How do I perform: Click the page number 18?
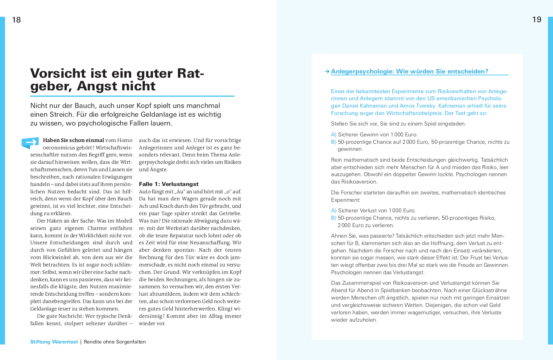point(17,20)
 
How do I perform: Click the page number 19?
point(536,20)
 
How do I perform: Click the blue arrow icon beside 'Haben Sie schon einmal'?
point(31,142)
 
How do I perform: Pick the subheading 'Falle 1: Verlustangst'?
point(169,184)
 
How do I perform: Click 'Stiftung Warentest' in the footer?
point(54,342)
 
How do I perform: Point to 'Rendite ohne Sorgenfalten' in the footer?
point(115,342)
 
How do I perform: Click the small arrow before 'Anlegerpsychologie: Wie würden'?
point(327,72)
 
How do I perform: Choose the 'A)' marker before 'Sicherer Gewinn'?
point(333,135)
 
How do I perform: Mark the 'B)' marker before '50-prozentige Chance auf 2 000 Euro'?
point(333,142)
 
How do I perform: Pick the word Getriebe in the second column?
point(230,213)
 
